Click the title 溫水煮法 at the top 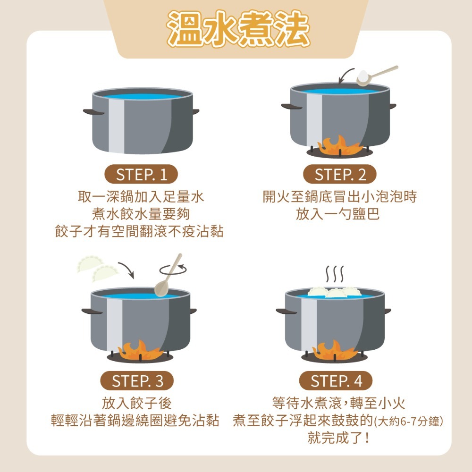tap(238, 29)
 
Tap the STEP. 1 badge tap(141, 174)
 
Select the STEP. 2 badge tap(340, 174)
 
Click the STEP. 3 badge tap(137, 381)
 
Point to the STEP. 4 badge tap(336, 381)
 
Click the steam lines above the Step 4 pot tap(335, 274)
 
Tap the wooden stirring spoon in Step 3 tap(168, 276)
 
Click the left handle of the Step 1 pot tap(93, 112)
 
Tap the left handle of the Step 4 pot tap(286, 312)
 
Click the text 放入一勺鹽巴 tap(338, 214)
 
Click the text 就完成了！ tap(338, 438)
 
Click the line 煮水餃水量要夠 tap(141, 214)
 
